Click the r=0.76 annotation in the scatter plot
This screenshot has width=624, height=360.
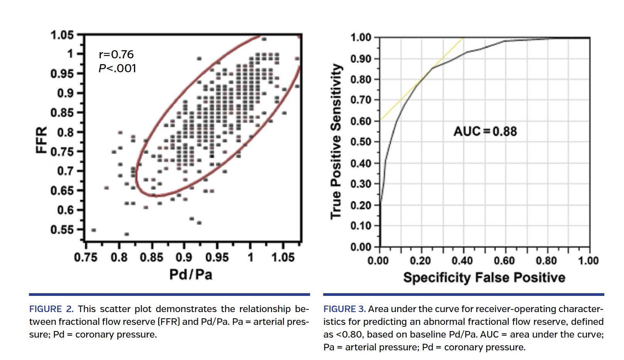tap(116, 54)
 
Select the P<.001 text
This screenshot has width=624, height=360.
tap(117, 68)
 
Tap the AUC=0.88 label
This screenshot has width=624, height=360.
tap(485, 131)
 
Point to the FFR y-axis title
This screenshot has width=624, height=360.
tap(41, 140)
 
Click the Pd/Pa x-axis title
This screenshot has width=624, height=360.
tap(191, 274)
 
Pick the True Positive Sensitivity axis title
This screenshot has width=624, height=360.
tap(336, 141)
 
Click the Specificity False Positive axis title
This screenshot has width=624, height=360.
tap(484, 277)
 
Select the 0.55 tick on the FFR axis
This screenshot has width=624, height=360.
tap(62, 230)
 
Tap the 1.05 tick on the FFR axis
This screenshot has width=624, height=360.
tap(62, 35)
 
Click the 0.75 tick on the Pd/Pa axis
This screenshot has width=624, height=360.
tap(86, 257)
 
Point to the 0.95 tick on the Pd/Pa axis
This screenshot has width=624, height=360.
tap(217, 257)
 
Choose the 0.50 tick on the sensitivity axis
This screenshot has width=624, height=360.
tap(361, 142)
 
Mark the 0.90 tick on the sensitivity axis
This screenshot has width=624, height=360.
tap(361, 59)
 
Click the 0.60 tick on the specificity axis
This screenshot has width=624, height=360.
tap(504, 261)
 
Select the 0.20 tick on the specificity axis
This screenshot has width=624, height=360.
tap(420, 261)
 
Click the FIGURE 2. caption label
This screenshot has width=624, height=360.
tap(51, 309)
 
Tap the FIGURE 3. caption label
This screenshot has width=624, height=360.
tap(344, 309)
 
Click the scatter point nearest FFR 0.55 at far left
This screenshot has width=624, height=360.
tap(93, 230)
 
